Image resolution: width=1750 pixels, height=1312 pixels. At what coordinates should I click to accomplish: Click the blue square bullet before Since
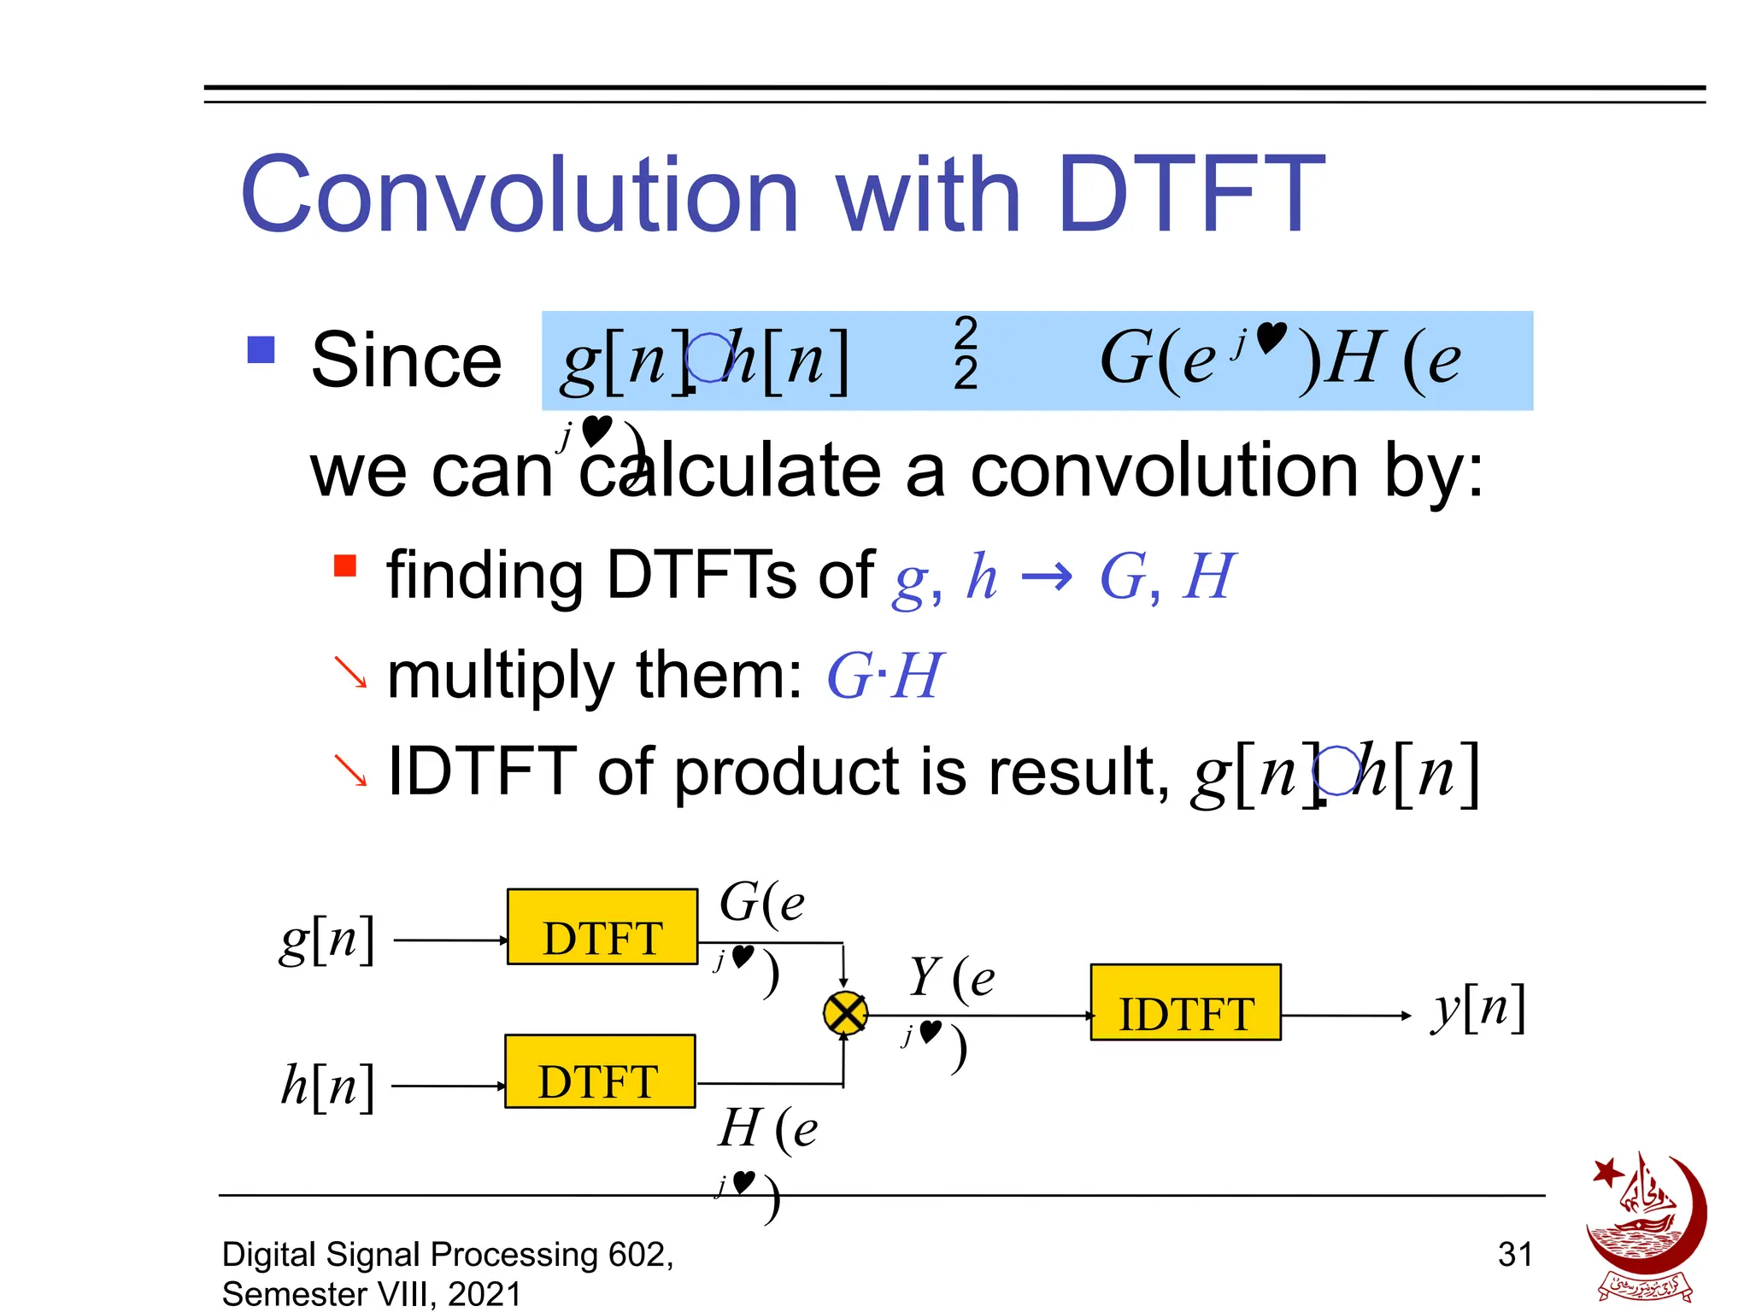tap(261, 349)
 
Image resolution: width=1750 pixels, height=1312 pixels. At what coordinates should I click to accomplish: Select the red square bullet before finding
tap(344, 565)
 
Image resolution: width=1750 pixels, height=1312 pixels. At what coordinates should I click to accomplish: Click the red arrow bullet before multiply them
tap(350, 671)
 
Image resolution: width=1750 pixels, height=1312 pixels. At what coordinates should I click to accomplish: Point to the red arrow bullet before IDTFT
tap(350, 770)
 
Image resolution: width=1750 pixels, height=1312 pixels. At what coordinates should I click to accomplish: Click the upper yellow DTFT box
tap(602, 927)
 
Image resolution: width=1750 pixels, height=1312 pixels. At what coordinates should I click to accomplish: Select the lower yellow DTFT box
tap(600, 1071)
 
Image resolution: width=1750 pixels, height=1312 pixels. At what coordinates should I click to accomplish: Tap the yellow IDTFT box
tap(1185, 1003)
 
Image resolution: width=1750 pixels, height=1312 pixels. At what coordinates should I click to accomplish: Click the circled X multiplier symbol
tap(845, 1014)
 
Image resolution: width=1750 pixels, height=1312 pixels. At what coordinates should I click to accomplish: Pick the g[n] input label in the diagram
tap(327, 940)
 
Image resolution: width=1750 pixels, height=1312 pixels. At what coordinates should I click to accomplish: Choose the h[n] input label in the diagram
tap(327, 1086)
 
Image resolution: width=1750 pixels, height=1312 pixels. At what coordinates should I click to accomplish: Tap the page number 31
tap(1514, 1254)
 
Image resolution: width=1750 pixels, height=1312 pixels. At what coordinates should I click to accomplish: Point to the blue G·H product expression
tap(884, 676)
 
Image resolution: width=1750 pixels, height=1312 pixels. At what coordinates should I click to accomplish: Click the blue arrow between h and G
tap(1047, 577)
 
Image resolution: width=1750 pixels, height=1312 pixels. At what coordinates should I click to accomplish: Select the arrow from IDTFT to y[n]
tap(1346, 1016)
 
